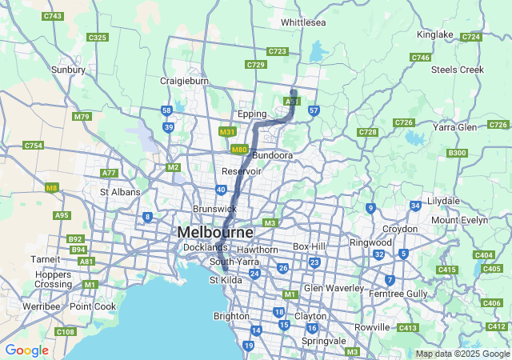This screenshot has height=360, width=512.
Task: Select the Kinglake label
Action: pyautogui.click(x=435, y=34)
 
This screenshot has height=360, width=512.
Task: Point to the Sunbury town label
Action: pyautogui.click(x=68, y=70)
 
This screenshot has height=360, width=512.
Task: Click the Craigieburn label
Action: pyautogui.click(x=184, y=82)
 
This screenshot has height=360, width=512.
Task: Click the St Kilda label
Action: pyautogui.click(x=225, y=280)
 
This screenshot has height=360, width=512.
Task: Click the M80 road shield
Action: pyautogui.click(x=238, y=150)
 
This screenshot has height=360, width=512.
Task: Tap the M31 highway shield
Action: pyautogui.click(x=227, y=132)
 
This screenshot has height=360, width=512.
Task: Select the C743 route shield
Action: pyautogui.click(x=54, y=16)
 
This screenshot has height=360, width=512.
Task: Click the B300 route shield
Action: pyautogui.click(x=458, y=153)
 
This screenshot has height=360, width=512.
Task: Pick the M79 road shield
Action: pyautogui.click(x=82, y=117)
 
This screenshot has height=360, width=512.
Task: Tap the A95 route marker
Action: pyautogui.click(x=62, y=215)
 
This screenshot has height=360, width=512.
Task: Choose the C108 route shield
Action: pyautogui.click(x=65, y=332)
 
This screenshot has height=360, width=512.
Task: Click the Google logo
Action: pyautogui.click(x=26, y=350)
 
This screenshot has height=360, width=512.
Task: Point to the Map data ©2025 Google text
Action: pyautogui.click(x=462, y=354)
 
